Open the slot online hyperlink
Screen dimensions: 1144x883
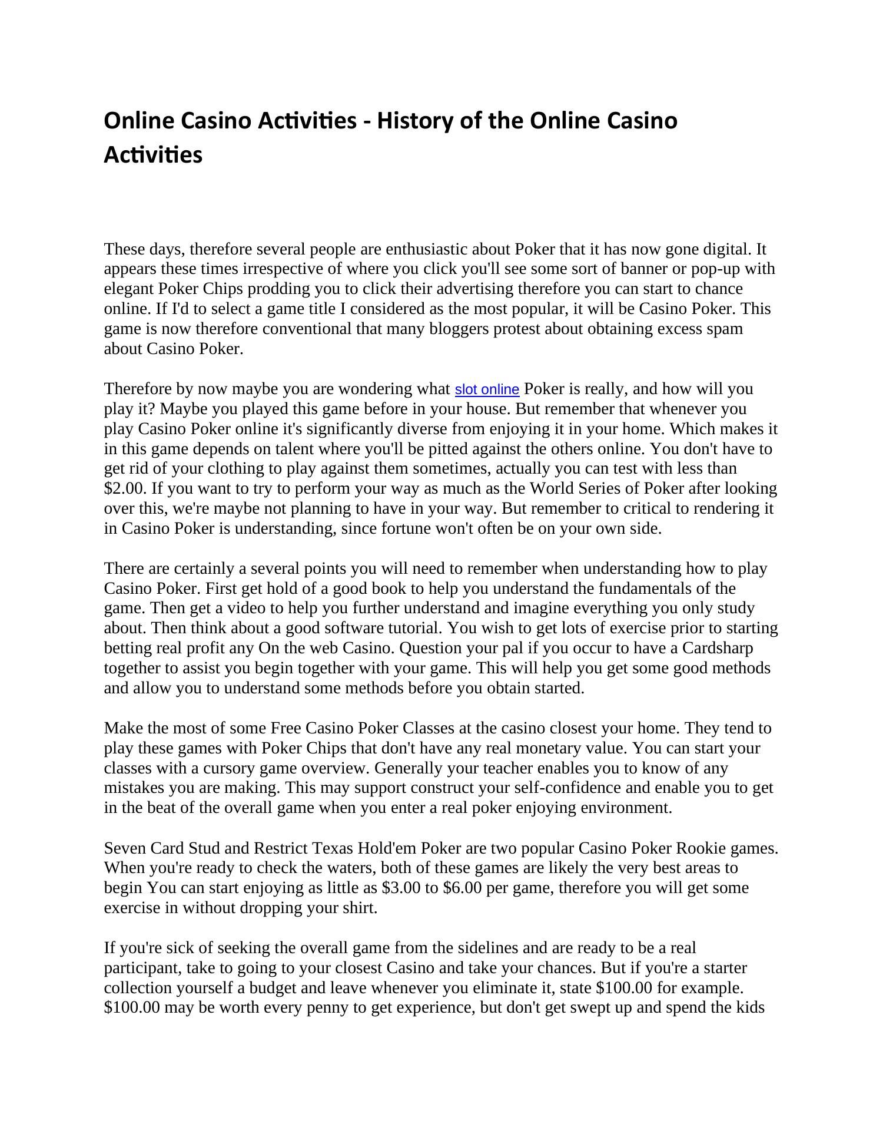487,389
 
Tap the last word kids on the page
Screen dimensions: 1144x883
751,1008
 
